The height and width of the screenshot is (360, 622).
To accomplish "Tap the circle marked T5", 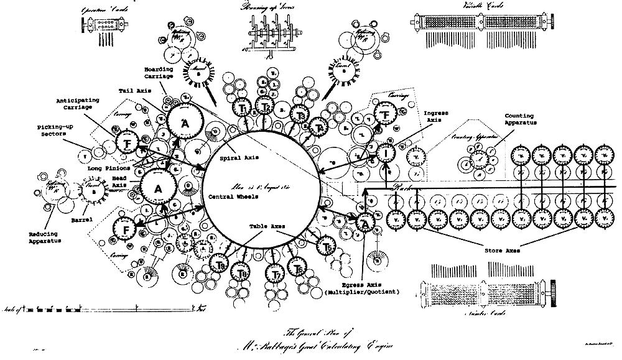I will coord(328,246).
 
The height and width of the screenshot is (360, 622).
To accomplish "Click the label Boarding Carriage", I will coord(154,73).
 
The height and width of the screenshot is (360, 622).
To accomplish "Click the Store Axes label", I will coord(501,251).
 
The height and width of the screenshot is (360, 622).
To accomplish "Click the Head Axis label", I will coord(118,181).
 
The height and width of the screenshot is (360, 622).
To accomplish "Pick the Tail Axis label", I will coord(132,91).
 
